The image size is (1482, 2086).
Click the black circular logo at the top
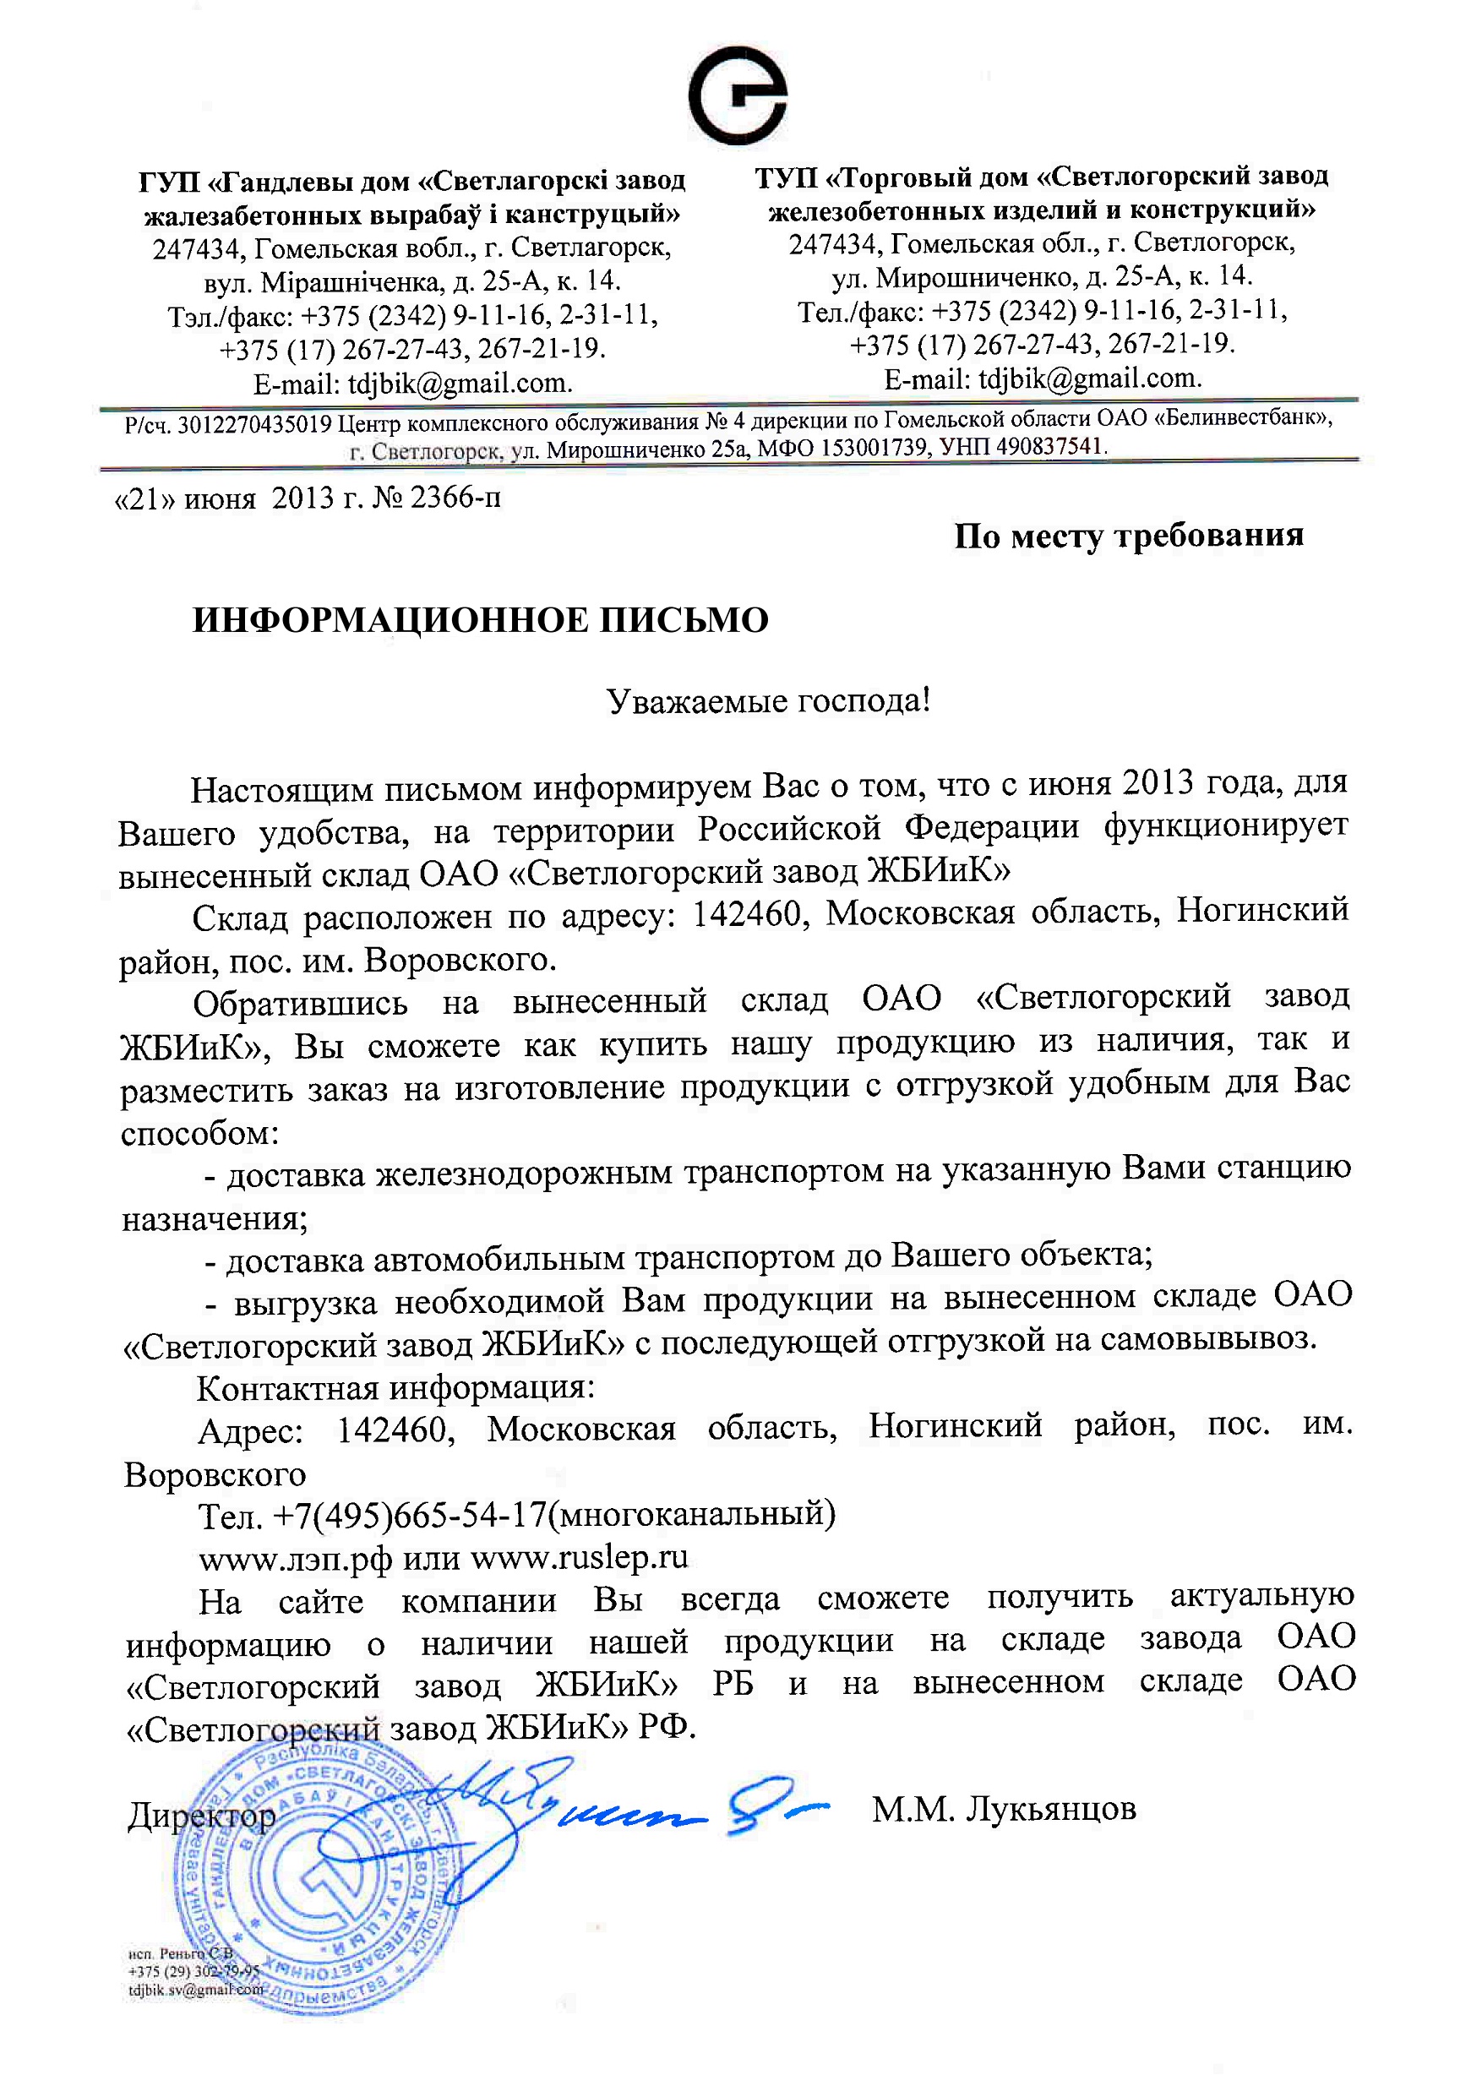click(738, 95)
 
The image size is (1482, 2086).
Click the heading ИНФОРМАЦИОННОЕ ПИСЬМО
click(481, 620)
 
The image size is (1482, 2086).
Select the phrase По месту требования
click(1128, 536)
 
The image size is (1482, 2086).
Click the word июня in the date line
click(219, 499)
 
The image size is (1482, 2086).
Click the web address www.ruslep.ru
click(579, 1557)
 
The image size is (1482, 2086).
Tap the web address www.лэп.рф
click(295, 1559)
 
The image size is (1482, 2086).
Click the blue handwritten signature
click(629, 1802)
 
